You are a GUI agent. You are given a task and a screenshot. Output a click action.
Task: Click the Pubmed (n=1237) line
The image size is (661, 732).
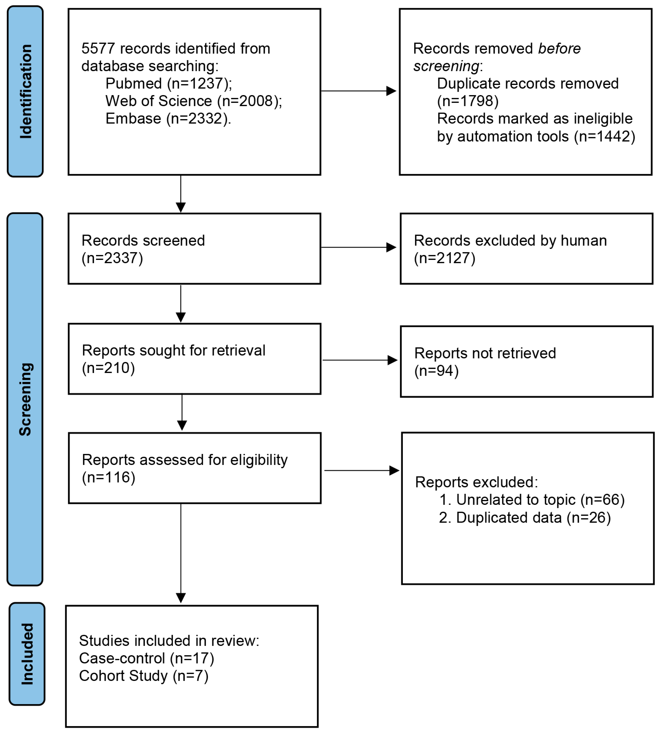coord(169,84)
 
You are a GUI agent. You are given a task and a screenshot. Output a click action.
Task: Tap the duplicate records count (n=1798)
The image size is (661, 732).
coord(468,101)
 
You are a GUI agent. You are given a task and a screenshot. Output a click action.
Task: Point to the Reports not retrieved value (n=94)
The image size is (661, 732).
coord(436,371)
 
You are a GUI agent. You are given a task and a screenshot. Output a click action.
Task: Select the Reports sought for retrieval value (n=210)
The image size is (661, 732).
coord(108,368)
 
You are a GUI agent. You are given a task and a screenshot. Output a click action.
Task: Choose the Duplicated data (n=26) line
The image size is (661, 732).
coord(525,518)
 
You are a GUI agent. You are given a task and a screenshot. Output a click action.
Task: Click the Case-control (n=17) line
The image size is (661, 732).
coord(147,658)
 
